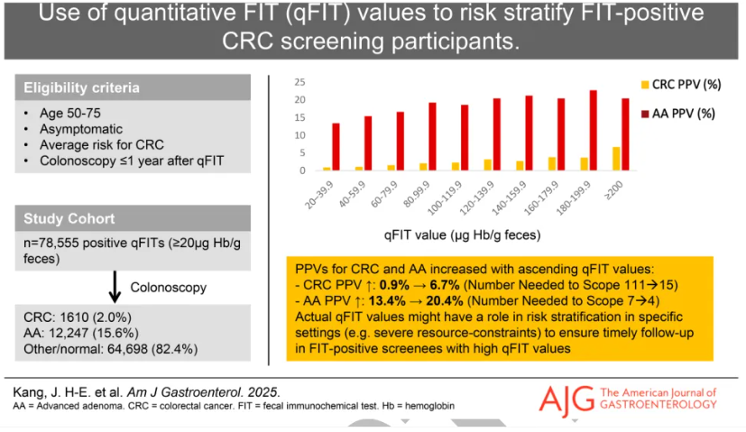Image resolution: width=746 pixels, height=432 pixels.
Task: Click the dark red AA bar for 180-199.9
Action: point(593,130)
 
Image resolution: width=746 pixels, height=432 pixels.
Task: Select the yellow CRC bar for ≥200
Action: point(616,159)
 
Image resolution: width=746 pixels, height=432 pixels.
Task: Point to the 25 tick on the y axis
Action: point(300,80)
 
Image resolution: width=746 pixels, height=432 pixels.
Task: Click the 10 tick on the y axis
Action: point(300,134)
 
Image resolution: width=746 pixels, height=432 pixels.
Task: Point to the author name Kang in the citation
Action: point(31,391)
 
